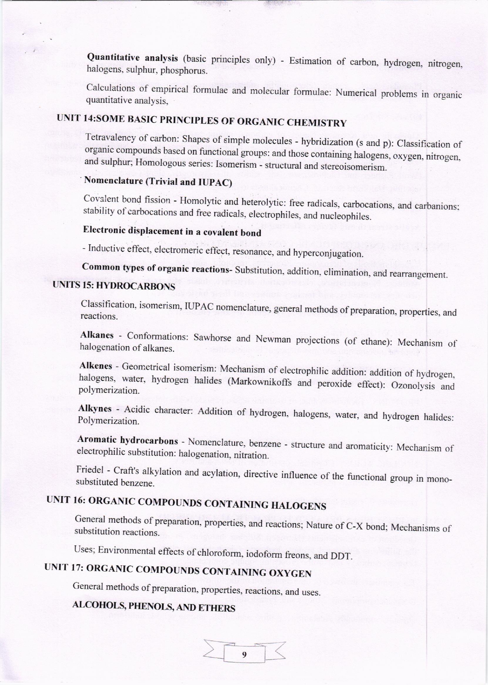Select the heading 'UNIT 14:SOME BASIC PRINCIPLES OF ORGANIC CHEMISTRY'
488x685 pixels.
(202, 116)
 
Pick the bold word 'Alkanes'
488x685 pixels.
(97, 335)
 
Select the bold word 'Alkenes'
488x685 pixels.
(96, 366)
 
